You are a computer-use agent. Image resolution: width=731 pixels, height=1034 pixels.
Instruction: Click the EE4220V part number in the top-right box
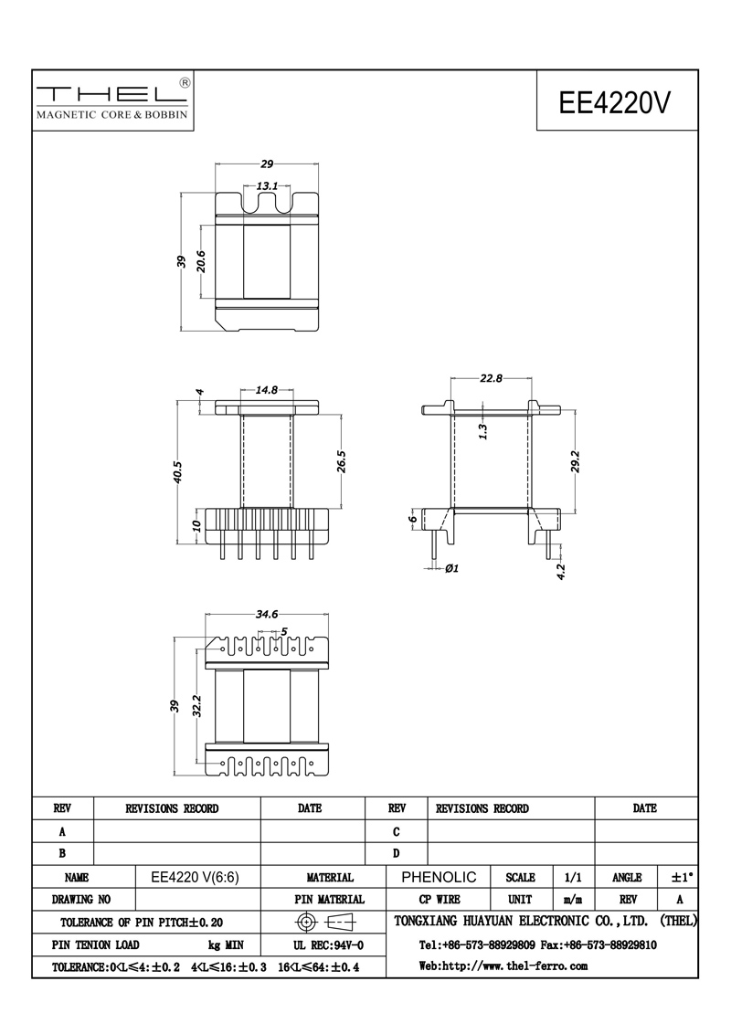point(614,103)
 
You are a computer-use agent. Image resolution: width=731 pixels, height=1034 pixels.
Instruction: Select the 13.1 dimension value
point(267,186)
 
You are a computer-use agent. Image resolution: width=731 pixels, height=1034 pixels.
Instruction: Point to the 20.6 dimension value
point(202,261)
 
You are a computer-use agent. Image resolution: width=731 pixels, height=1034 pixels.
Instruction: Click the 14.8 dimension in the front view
point(267,390)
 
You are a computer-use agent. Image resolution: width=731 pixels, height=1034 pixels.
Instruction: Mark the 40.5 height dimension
point(178,472)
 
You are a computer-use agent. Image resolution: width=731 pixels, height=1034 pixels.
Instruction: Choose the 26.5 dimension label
point(341,461)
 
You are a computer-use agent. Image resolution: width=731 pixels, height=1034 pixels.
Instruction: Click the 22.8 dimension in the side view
point(491,378)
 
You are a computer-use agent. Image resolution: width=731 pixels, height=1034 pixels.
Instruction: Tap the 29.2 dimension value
point(576,461)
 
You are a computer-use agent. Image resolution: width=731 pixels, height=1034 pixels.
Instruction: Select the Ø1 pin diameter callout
point(452,568)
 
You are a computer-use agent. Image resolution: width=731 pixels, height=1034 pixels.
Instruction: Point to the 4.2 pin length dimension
point(561,571)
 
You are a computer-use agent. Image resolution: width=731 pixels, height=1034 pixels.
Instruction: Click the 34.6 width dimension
point(267,615)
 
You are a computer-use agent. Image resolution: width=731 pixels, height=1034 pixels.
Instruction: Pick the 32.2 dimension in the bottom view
point(202,706)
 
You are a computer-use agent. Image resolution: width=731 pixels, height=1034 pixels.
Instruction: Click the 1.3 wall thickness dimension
point(483,431)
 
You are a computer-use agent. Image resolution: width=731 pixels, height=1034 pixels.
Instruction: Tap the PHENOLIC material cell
point(439,877)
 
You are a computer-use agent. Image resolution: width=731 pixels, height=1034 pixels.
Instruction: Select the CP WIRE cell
point(439,900)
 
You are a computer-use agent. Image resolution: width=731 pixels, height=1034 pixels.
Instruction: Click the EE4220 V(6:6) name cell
point(195,878)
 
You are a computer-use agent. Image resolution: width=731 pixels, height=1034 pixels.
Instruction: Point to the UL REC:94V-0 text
point(329,945)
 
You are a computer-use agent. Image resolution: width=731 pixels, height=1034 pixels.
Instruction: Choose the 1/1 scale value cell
point(573,878)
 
